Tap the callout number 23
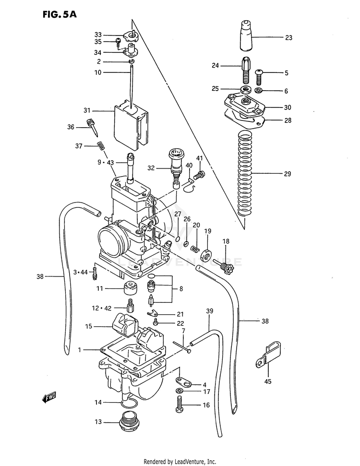click(288, 37)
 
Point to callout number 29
click(288, 174)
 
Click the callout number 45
click(268, 382)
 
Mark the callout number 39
click(209, 311)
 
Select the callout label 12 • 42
click(101, 308)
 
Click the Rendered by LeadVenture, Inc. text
click(180, 461)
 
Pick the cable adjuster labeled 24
click(245, 69)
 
